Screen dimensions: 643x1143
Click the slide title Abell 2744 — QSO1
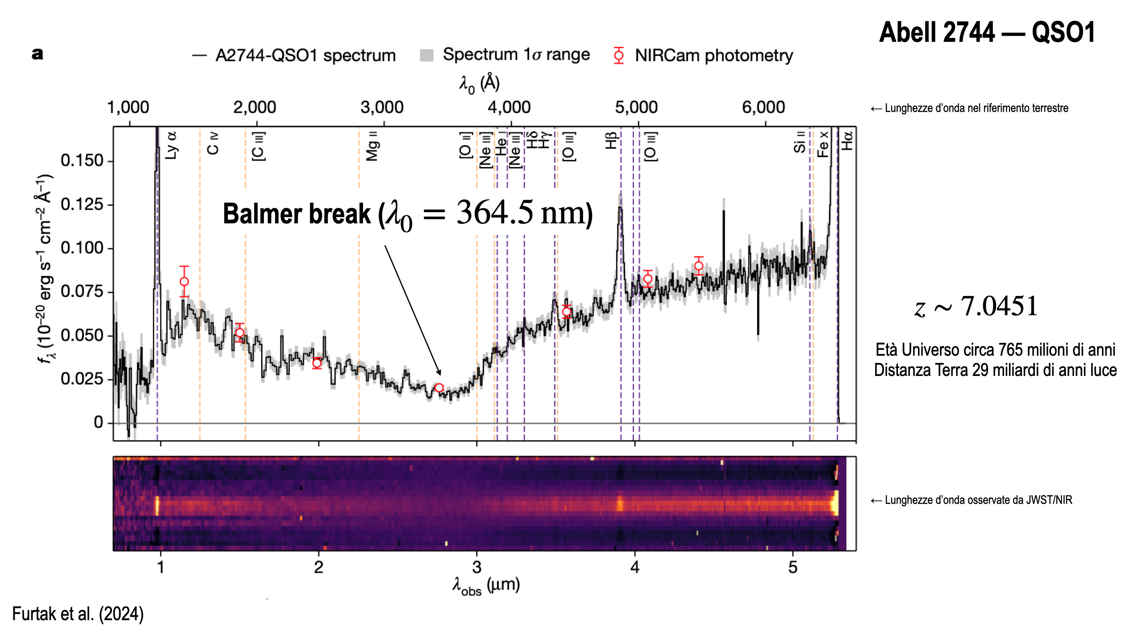click(x=987, y=33)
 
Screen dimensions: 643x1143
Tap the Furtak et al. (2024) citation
click(x=78, y=614)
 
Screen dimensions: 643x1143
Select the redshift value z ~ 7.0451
click(x=976, y=307)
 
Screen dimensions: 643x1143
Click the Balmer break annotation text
click(x=407, y=214)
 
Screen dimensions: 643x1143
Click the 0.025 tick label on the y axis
click(x=82, y=379)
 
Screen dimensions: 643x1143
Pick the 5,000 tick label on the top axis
click(x=636, y=108)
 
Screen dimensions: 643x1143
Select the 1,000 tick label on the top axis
click(x=128, y=108)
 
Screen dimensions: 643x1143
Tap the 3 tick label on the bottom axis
click(x=476, y=568)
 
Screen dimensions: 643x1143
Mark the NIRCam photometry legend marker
click(x=619, y=55)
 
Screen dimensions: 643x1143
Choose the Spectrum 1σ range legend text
click(x=516, y=55)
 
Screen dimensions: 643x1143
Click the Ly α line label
click(x=171, y=145)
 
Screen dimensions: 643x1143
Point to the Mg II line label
click(x=372, y=146)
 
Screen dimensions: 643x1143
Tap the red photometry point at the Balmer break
click(x=439, y=388)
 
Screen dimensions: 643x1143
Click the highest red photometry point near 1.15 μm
click(x=184, y=281)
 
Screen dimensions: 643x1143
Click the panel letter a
click(x=38, y=54)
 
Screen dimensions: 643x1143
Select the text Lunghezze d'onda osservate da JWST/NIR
click(x=978, y=500)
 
